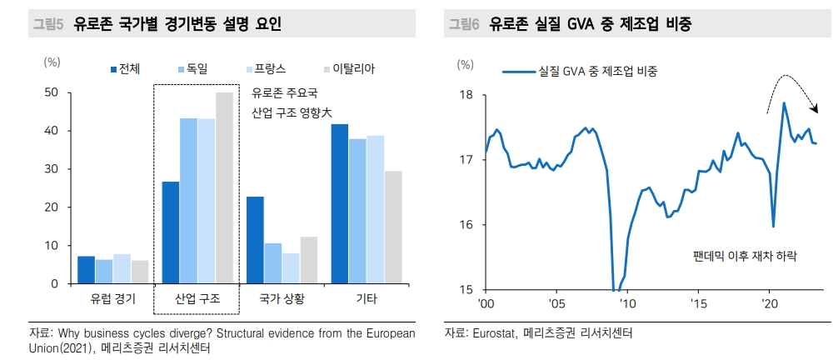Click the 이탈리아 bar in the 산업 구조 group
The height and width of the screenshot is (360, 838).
(225, 188)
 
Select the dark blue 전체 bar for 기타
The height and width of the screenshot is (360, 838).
(339, 204)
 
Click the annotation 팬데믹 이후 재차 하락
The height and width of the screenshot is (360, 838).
(745, 257)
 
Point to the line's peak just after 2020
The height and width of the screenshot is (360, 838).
(784, 103)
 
